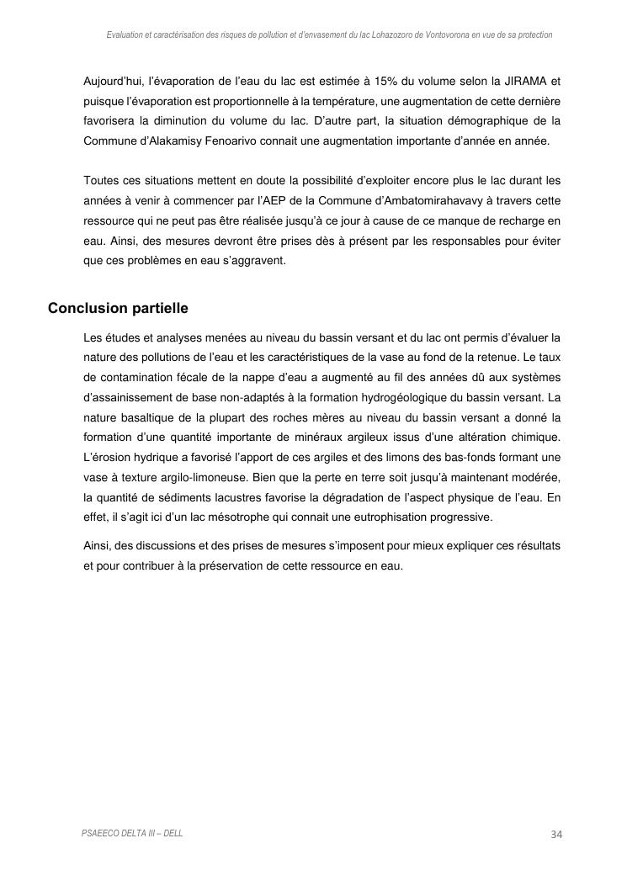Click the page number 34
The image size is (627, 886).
(x=555, y=834)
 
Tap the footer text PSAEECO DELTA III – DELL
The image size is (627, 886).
(x=132, y=833)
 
